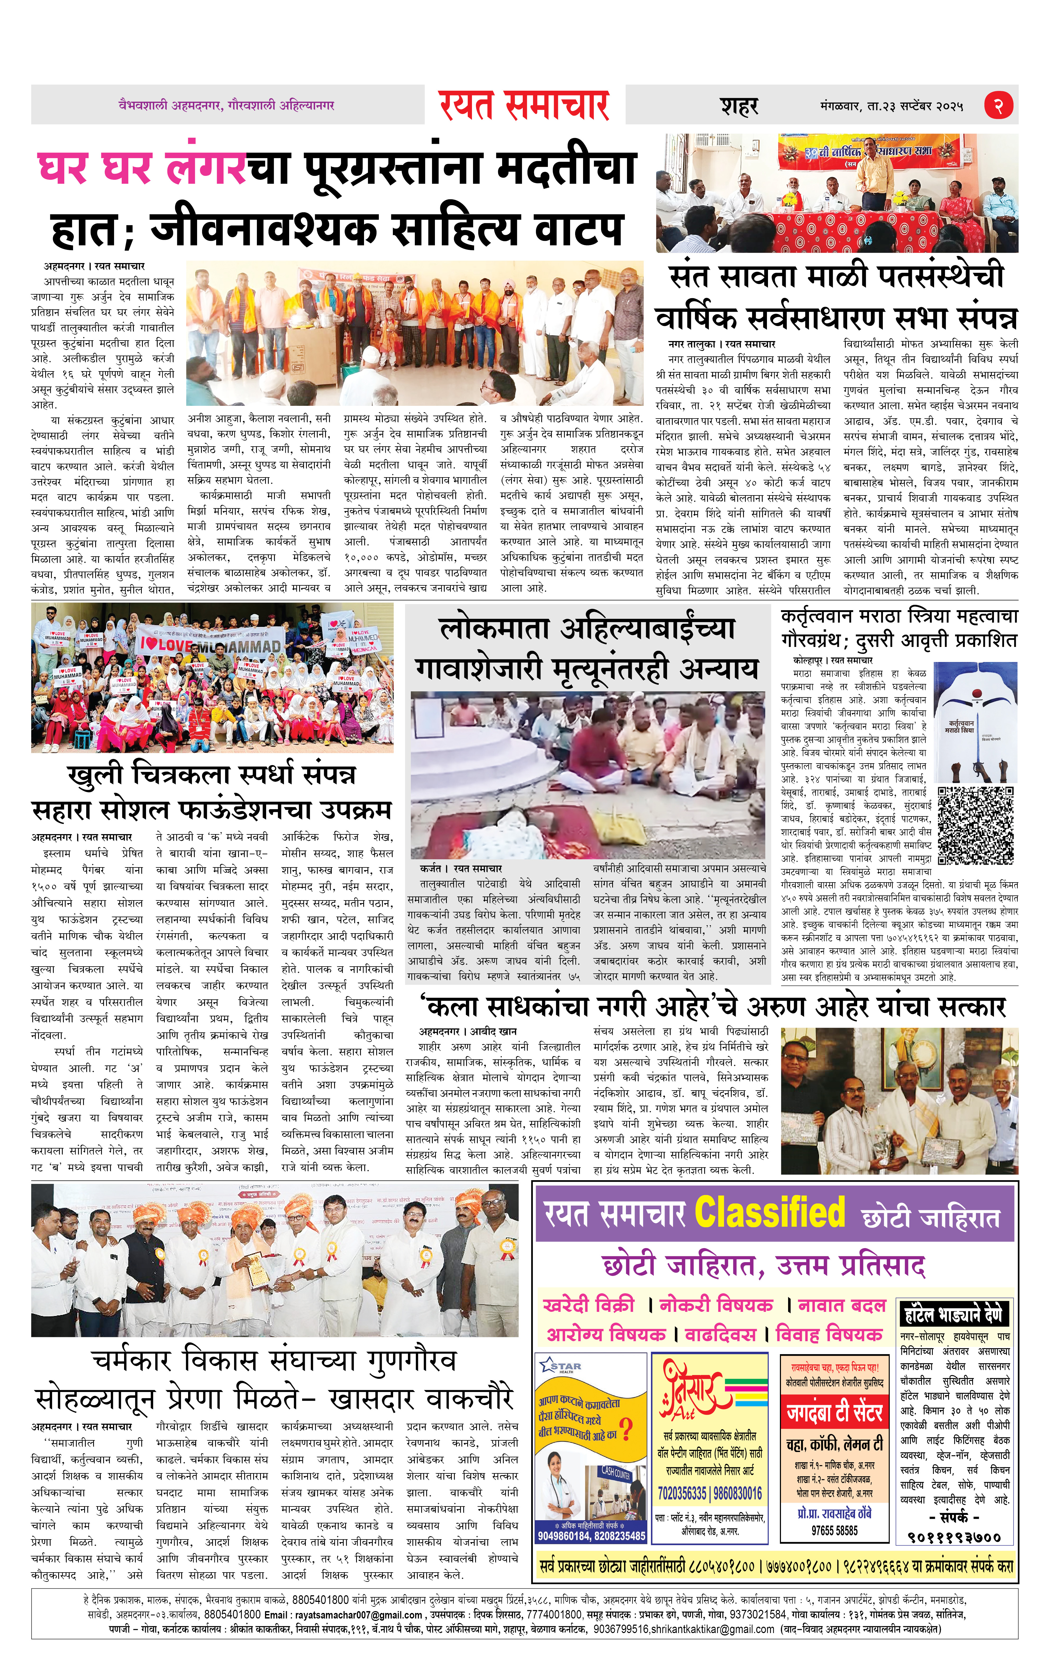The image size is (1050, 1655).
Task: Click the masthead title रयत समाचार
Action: [x=524, y=106]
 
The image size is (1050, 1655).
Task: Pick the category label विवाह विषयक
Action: [x=829, y=1334]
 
